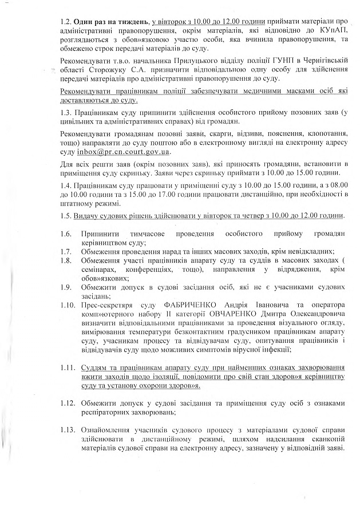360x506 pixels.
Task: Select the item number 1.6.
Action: pyautogui.click(x=65, y=235)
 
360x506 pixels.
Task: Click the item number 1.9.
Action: pyautogui.click(x=65, y=287)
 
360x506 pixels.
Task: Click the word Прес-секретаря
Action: pyautogui.click(x=106, y=305)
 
